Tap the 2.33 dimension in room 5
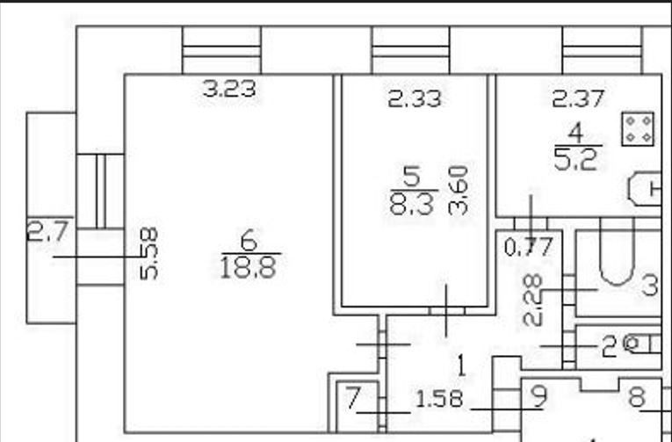pyautogui.click(x=415, y=99)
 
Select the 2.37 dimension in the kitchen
pyautogui.click(x=578, y=99)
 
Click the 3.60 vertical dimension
pyautogui.click(x=458, y=190)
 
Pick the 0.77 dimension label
pyautogui.click(x=530, y=247)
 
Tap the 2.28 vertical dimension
pyautogui.click(x=531, y=300)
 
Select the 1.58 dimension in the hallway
pyautogui.click(x=438, y=400)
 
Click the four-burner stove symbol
pyautogui.click(x=637, y=128)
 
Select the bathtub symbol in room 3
pyautogui.click(x=617, y=256)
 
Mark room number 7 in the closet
pyautogui.click(x=353, y=398)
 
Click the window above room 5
pyautogui.click(x=410, y=51)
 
